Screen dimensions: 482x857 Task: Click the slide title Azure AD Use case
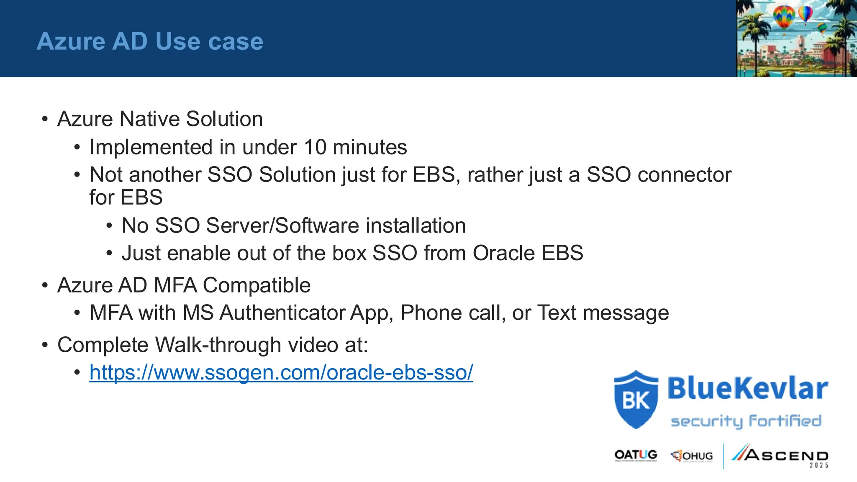click(x=150, y=41)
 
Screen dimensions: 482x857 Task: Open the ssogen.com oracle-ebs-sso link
click(x=281, y=372)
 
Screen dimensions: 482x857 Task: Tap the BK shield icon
click(x=636, y=400)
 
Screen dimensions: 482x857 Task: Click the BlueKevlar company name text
click(x=747, y=388)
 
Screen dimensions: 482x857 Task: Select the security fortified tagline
click(x=746, y=421)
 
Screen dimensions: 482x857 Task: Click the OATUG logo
click(x=636, y=455)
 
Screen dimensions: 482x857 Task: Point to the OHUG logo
click(x=692, y=456)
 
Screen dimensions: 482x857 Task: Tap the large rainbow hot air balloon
click(x=784, y=17)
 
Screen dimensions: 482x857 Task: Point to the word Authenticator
click(x=283, y=313)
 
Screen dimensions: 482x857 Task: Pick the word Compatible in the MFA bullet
click(x=257, y=285)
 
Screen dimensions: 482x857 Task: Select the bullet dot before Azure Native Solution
click(x=45, y=119)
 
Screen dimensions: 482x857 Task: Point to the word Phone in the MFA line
click(x=431, y=313)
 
